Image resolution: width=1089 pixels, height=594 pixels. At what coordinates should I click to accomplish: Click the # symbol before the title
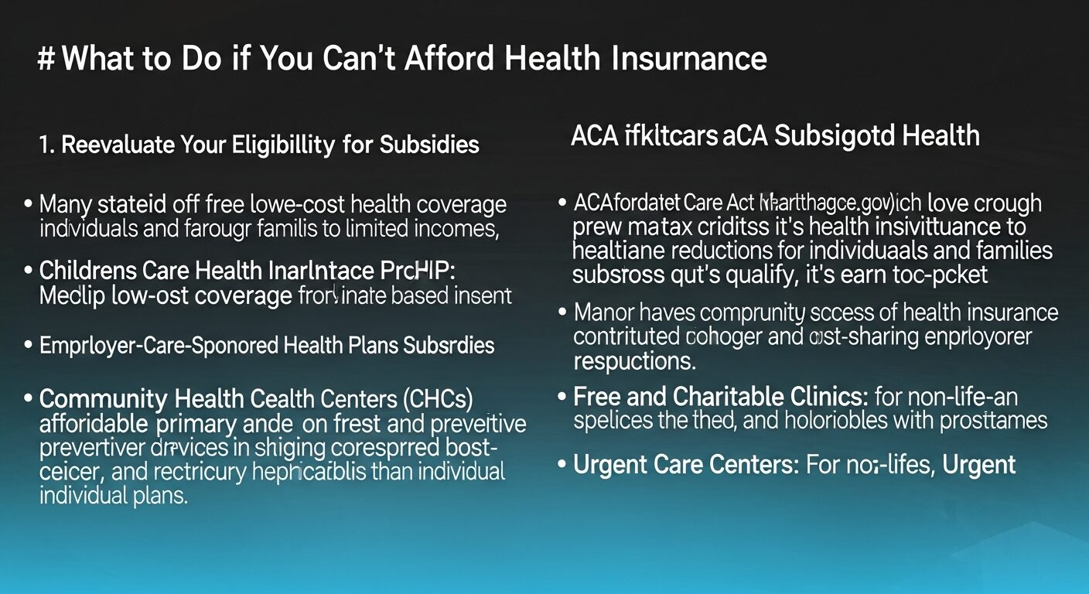point(47,59)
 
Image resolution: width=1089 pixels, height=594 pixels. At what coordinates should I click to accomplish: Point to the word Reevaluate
point(125,145)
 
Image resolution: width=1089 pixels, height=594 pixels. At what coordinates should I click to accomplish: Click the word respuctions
point(634,360)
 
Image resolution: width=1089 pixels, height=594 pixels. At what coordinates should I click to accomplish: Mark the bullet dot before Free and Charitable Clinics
point(562,398)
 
